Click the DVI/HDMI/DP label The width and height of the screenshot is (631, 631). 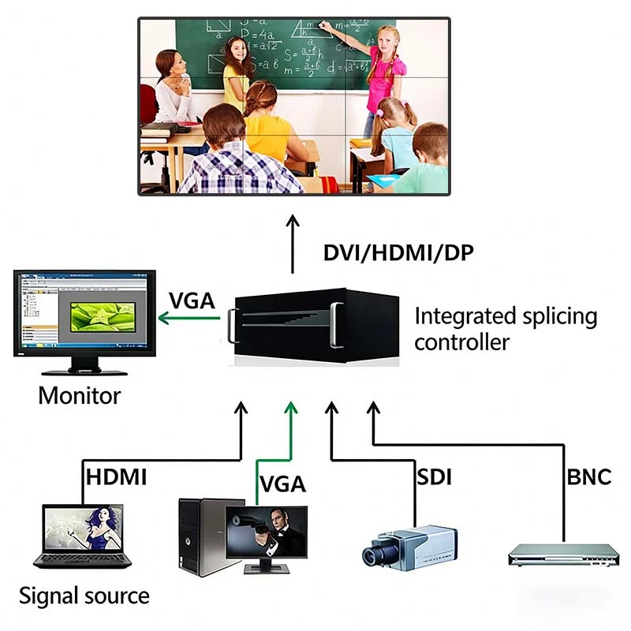[x=399, y=253]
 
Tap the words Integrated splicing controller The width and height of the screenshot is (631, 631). [x=506, y=329]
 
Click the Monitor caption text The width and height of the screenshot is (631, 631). [x=80, y=395]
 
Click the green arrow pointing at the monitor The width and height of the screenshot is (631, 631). [x=189, y=319]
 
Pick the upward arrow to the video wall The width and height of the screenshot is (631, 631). [x=293, y=244]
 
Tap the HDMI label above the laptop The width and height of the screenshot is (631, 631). [x=117, y=477]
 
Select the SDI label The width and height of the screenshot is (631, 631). [x=434, y=477]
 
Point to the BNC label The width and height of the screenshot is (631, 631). [x=589, y=477]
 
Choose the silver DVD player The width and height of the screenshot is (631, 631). [x=561, y=555]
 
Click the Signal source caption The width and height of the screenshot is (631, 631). [x=84, y=596]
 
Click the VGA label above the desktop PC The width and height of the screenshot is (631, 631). [x=282, y=484]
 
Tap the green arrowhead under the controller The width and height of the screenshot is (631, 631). [x=293, y=407]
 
